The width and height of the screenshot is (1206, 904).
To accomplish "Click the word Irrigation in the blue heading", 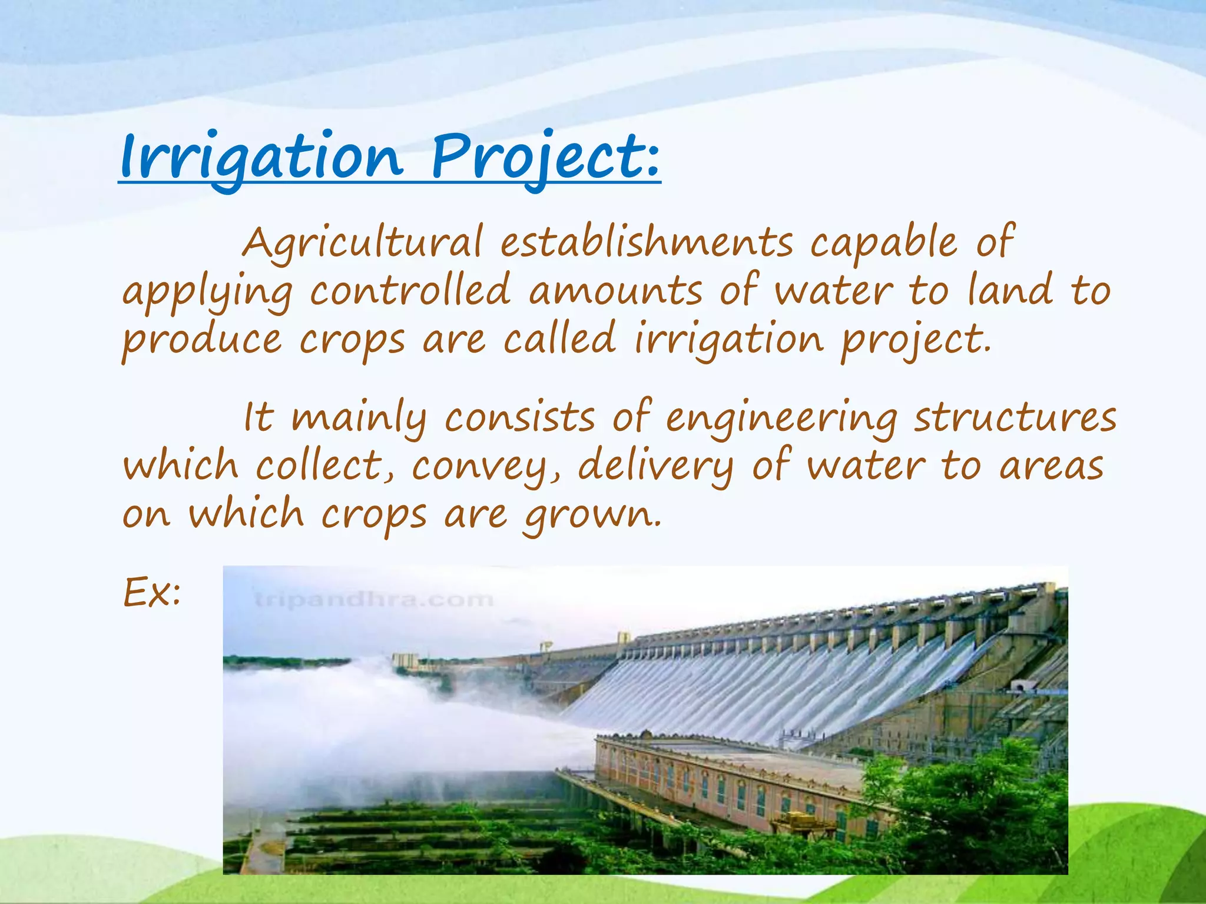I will coord(261,157).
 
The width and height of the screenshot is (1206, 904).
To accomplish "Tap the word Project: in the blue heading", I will coord(545,157).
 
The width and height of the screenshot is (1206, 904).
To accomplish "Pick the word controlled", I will coord(410,291).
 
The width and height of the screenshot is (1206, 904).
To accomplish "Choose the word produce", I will coord(202,341).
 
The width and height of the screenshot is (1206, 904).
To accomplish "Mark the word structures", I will coord(1015,418).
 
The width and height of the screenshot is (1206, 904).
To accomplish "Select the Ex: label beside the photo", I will coord(152,593).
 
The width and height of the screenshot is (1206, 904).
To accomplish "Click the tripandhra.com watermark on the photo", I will coord(375,600).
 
